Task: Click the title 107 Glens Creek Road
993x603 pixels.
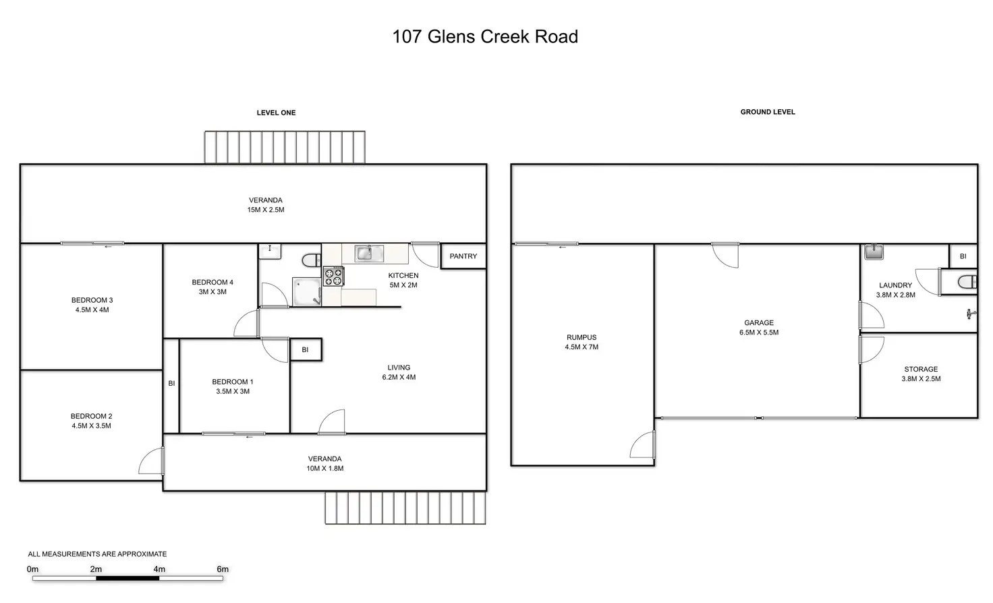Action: pyautogui.click(x=485, y=36)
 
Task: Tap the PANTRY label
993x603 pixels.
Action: pyautogui.click(x=463, y=256)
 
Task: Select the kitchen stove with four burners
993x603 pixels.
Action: pyautogui.click(x=333, y=277)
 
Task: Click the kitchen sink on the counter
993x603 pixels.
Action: pyautogui.click(x=369, y=254)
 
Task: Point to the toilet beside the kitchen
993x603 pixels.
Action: pyautogui.click(x=312, y=260)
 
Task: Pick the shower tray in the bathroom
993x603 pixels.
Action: pyautogui.click(x=306, y=292)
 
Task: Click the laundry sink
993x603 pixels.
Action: pyautogui.click(x=874, y=252)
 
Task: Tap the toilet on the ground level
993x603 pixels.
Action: pyautogui.click(x=967, y=283)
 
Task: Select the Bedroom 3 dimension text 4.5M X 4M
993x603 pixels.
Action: pyautogui.click(x=92, y=310)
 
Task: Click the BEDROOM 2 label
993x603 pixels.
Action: pyautogui.click(x=92, y=416)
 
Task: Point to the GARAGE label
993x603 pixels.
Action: pyautogui.click(x=759, y=323)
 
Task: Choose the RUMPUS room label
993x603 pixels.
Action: pyautogui.click(x=581, y=338)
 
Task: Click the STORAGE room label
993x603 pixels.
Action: pyautogui.click(x=921, y=370)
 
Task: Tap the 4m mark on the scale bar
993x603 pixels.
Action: pyautogui.click(x=159, y=569)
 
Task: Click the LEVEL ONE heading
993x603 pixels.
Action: pyautogui.click(x=276, y=113)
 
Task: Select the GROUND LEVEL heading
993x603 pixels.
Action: pyautogui.click(x=768, y=112)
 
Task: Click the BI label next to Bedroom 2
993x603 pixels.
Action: pyautogui.click(x=171, y=383)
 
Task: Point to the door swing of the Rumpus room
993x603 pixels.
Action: pyautogui.click(x=642, y=446)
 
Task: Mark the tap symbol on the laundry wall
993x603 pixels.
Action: pyautogui.click(x=970, y=314)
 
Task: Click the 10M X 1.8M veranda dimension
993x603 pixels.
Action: pyautogui.click(x=324, y=469)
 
